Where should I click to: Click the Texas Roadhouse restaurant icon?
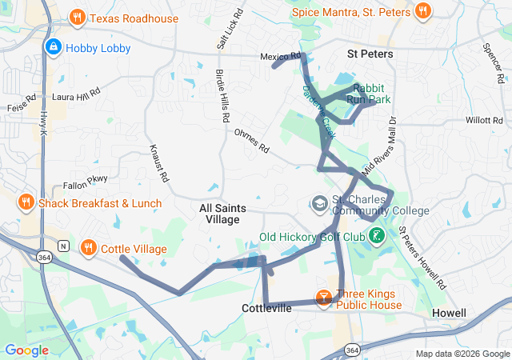coord(78,17)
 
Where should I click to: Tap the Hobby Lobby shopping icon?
coord(54,48)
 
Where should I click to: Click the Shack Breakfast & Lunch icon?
coord(26,203)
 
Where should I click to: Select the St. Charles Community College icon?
coord(319,203)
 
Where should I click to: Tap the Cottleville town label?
coord(266,308)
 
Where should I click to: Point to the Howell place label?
coord(448,312)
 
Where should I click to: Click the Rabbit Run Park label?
coord(369,94)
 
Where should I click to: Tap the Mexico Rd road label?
coord(280,57)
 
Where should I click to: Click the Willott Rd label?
coord(483,120)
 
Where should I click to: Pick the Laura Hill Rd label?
coord(75,94)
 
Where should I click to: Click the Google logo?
coord(26,350)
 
